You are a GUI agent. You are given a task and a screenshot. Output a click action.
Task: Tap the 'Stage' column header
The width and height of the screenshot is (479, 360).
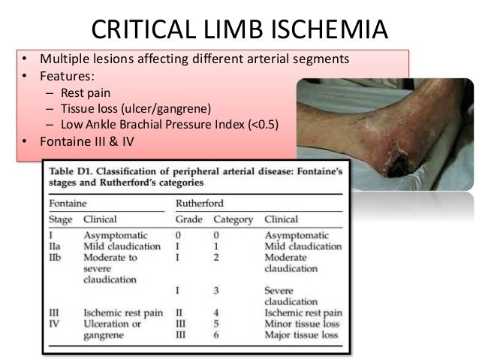(61, 221)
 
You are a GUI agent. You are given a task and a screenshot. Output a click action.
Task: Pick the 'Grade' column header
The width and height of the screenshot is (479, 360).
(188, 221)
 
